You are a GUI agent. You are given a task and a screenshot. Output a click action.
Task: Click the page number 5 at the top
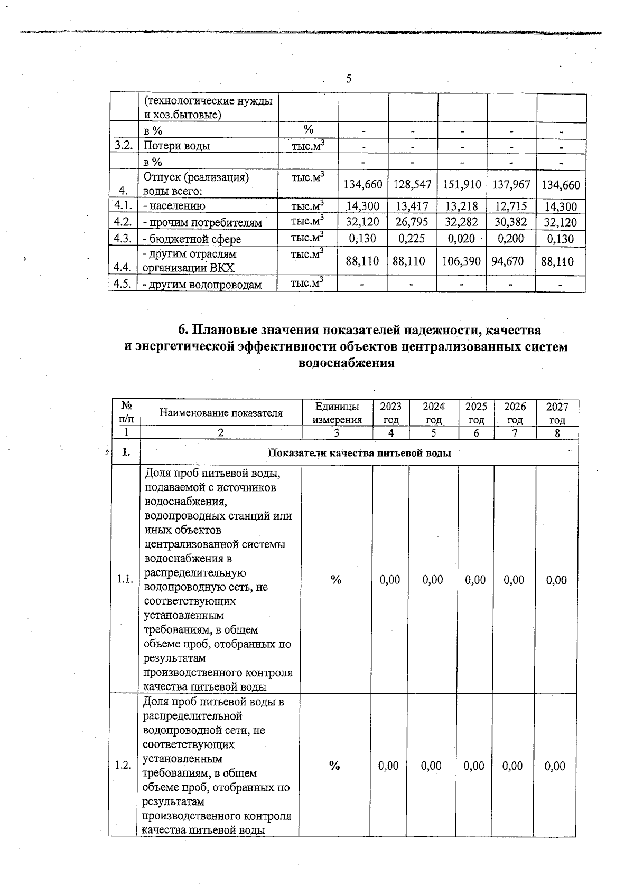click(349, 79)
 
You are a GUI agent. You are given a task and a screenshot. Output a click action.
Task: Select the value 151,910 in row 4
click(462, 185)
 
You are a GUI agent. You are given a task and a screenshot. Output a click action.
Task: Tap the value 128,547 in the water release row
click(412, 185)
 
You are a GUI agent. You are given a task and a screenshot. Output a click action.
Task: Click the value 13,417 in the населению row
click(412, 206)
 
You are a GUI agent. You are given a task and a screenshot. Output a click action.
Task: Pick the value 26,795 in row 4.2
click(412, 222)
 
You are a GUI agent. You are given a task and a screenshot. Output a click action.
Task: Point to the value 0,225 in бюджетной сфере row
click(412, 239)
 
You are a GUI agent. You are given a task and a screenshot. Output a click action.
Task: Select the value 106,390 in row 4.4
click(461, 261)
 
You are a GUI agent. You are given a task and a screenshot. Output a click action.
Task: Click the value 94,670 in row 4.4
click(507, 261)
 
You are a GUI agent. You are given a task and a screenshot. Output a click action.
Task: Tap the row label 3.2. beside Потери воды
click(123, 146)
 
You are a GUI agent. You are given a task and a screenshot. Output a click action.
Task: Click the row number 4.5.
click(123, 284)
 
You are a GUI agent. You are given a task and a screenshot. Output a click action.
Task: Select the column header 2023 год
click(390, 413)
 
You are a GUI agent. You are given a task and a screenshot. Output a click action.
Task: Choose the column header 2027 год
click(557, 413)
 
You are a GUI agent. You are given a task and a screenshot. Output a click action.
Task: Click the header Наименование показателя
click(221, 413)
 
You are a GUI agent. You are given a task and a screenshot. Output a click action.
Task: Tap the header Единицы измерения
click(337, 413)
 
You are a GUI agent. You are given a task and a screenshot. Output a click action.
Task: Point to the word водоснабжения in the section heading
click(347, 363)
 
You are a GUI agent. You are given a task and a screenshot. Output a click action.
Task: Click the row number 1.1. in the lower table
click(125, 580)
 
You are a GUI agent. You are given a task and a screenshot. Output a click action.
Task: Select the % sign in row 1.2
click(334, 766)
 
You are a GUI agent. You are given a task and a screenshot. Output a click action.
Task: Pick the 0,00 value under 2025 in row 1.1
click(475, 580)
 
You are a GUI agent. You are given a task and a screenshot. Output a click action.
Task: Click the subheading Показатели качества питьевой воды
click(359, 453)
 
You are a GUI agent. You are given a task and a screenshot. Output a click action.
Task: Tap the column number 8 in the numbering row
click(557, 433)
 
